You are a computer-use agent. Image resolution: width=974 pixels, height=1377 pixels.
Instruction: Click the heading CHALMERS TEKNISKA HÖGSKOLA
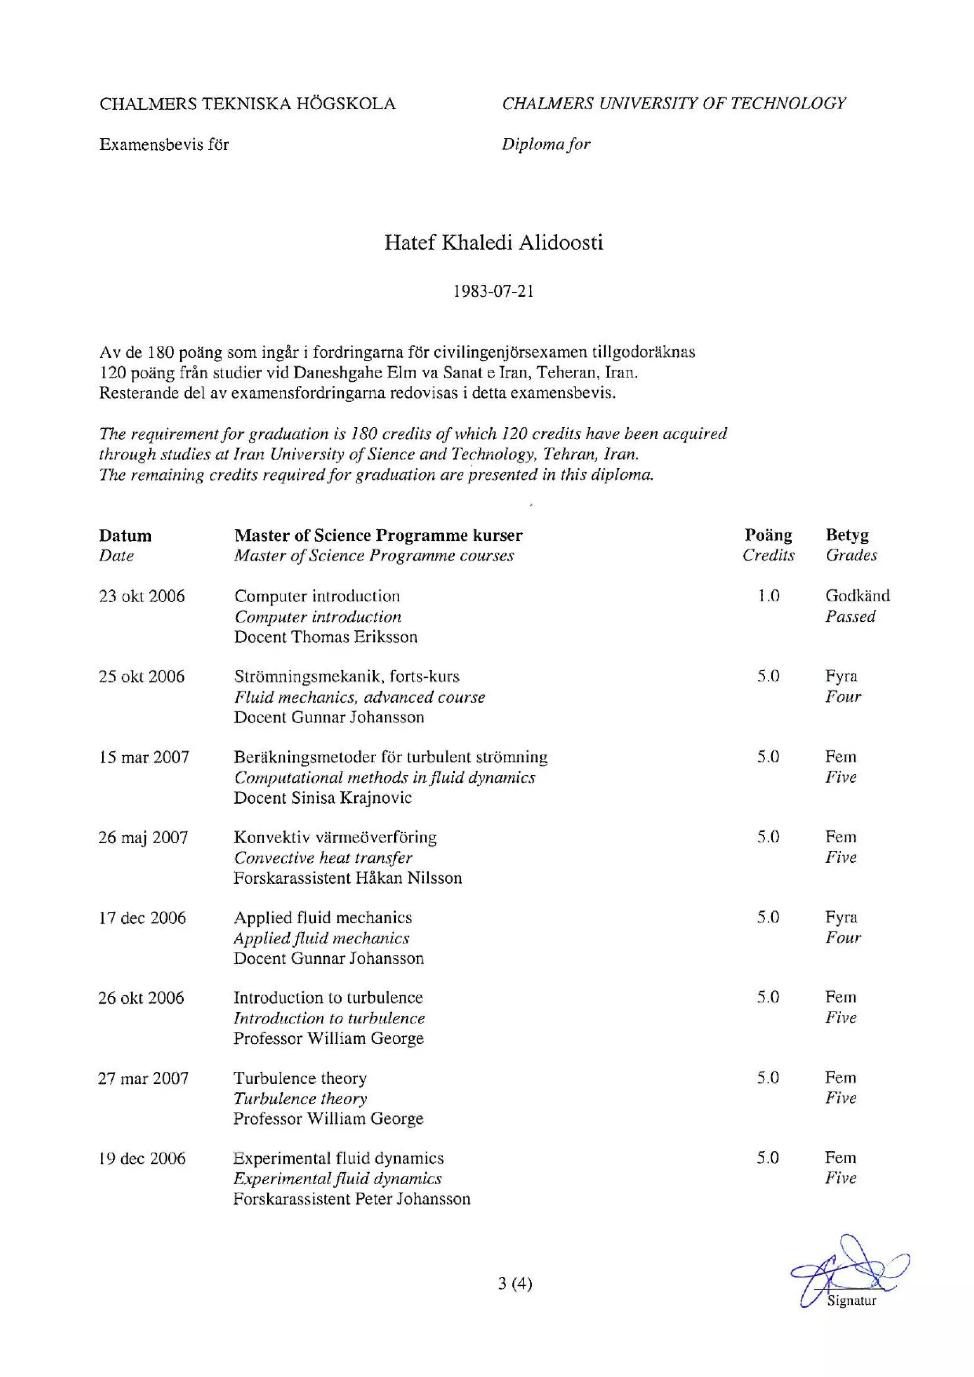pyautogui.click(x=247, y=104)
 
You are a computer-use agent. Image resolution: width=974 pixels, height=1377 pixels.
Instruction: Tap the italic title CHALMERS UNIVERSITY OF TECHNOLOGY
pyautogui.click(x=674, y=103)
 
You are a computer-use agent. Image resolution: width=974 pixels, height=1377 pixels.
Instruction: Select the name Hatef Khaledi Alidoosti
pyautogui.click(x=493, y=242)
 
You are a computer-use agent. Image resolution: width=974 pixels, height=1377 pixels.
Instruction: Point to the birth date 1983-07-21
pyautogui.click(x=493, y=292)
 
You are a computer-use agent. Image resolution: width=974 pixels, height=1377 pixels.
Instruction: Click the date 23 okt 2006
pyautogui.click(x=142, y=596)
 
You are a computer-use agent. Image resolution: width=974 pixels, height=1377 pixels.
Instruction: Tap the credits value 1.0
pyautogui.click(x=768, y=596)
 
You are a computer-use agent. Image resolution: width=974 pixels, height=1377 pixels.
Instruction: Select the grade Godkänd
pyautogui.click(x=857, y=596)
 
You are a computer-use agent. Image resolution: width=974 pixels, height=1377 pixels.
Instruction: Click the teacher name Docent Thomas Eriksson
pyautogui.click(x=325, y=636)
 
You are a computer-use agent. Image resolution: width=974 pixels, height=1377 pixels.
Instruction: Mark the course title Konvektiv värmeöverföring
pyautogui.click(x=335, y=837)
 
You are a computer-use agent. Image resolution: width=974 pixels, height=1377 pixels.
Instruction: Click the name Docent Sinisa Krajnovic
pyautogui.click(x=322, y=798)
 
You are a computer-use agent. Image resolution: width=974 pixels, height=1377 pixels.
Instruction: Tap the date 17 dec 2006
pyautogui.click(x=142, y=917)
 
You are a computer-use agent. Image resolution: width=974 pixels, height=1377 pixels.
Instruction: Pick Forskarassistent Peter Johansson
pyautogui.click(x=351, y=1199)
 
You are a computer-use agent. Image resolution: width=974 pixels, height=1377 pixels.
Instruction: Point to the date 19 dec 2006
pyautogui.click(x=142, y=1158)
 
